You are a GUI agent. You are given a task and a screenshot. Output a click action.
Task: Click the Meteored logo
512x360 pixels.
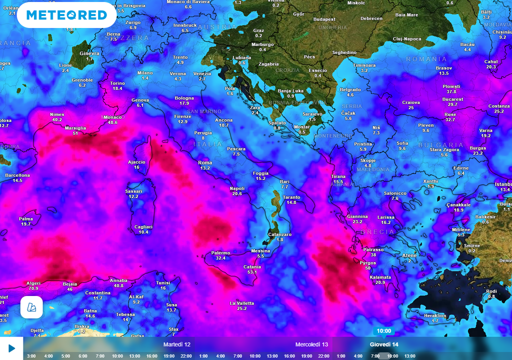(66, 15)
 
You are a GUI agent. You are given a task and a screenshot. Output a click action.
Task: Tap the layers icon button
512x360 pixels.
(31, 307)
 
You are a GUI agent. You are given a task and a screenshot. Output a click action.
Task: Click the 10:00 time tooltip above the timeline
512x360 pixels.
(383, 331)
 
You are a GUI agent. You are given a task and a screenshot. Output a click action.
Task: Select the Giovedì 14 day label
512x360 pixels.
(384, 344)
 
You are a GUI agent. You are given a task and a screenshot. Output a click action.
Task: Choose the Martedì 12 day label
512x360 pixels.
(177, 344)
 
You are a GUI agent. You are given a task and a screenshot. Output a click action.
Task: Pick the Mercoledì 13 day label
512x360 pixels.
(311, 344)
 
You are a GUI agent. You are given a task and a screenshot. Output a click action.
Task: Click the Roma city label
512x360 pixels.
(205, 163)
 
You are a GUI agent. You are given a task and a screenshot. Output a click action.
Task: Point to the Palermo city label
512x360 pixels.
(220, 253)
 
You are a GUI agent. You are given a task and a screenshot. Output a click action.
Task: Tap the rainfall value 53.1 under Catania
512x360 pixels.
(252, 272)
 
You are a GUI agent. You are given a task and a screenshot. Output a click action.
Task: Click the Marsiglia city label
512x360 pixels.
(75, 128)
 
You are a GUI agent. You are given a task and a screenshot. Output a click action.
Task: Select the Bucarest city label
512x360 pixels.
(452, 99)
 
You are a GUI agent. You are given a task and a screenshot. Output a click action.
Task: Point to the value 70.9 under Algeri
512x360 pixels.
(33, 288)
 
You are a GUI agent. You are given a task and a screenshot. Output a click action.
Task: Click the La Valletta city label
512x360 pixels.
(242, 303)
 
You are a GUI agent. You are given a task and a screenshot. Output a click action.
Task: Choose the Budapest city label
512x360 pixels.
(324, 19)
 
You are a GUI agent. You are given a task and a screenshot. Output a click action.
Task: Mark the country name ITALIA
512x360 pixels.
(207, 144)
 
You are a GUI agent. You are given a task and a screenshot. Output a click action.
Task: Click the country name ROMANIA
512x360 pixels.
(426, 59)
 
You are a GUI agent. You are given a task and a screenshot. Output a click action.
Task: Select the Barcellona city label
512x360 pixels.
(17, 175)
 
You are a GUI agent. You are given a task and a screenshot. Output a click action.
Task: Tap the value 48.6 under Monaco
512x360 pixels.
(112, 122)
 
